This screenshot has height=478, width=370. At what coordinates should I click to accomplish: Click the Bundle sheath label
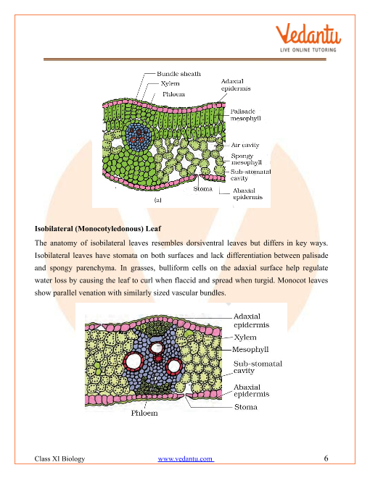181,74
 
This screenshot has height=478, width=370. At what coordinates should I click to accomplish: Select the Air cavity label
247,145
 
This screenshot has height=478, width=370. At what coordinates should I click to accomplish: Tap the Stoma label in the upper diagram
203,189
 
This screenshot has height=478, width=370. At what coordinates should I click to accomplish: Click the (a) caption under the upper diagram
157,197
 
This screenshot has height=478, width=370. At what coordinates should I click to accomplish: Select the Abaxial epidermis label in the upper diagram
247,194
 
